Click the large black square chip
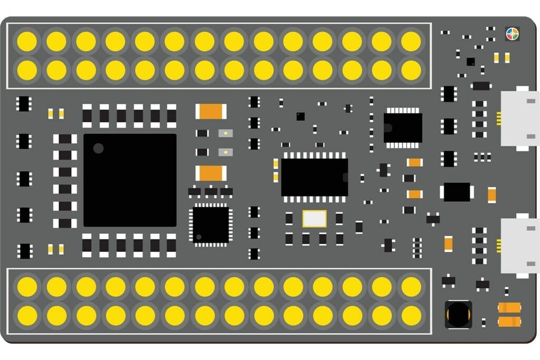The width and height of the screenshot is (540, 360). (130, 180)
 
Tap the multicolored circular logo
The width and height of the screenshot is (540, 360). (512, 34)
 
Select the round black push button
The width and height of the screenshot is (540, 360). (458, 314)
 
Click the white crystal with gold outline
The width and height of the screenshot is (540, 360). (314, 218)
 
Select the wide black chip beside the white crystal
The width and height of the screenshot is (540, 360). (314, 177)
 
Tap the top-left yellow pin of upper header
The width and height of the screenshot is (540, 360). (27, 41)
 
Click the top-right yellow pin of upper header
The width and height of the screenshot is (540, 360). (411, 41)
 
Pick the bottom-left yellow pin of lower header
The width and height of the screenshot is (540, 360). (27, 315)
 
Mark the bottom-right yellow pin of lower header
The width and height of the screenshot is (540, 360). (411, 315)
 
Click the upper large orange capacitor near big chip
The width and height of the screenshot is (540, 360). (211, 111)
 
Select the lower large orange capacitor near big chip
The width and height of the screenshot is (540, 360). (211, 173)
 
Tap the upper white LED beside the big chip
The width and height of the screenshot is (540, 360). (225, 133)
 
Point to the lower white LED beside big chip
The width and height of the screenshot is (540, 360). (225, 152)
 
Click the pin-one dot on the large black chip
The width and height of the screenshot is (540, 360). (98, 148)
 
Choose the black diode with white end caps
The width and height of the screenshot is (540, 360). (457, 192)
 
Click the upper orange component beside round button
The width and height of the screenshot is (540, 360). (509, 307)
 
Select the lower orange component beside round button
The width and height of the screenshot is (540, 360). (509, 321)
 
